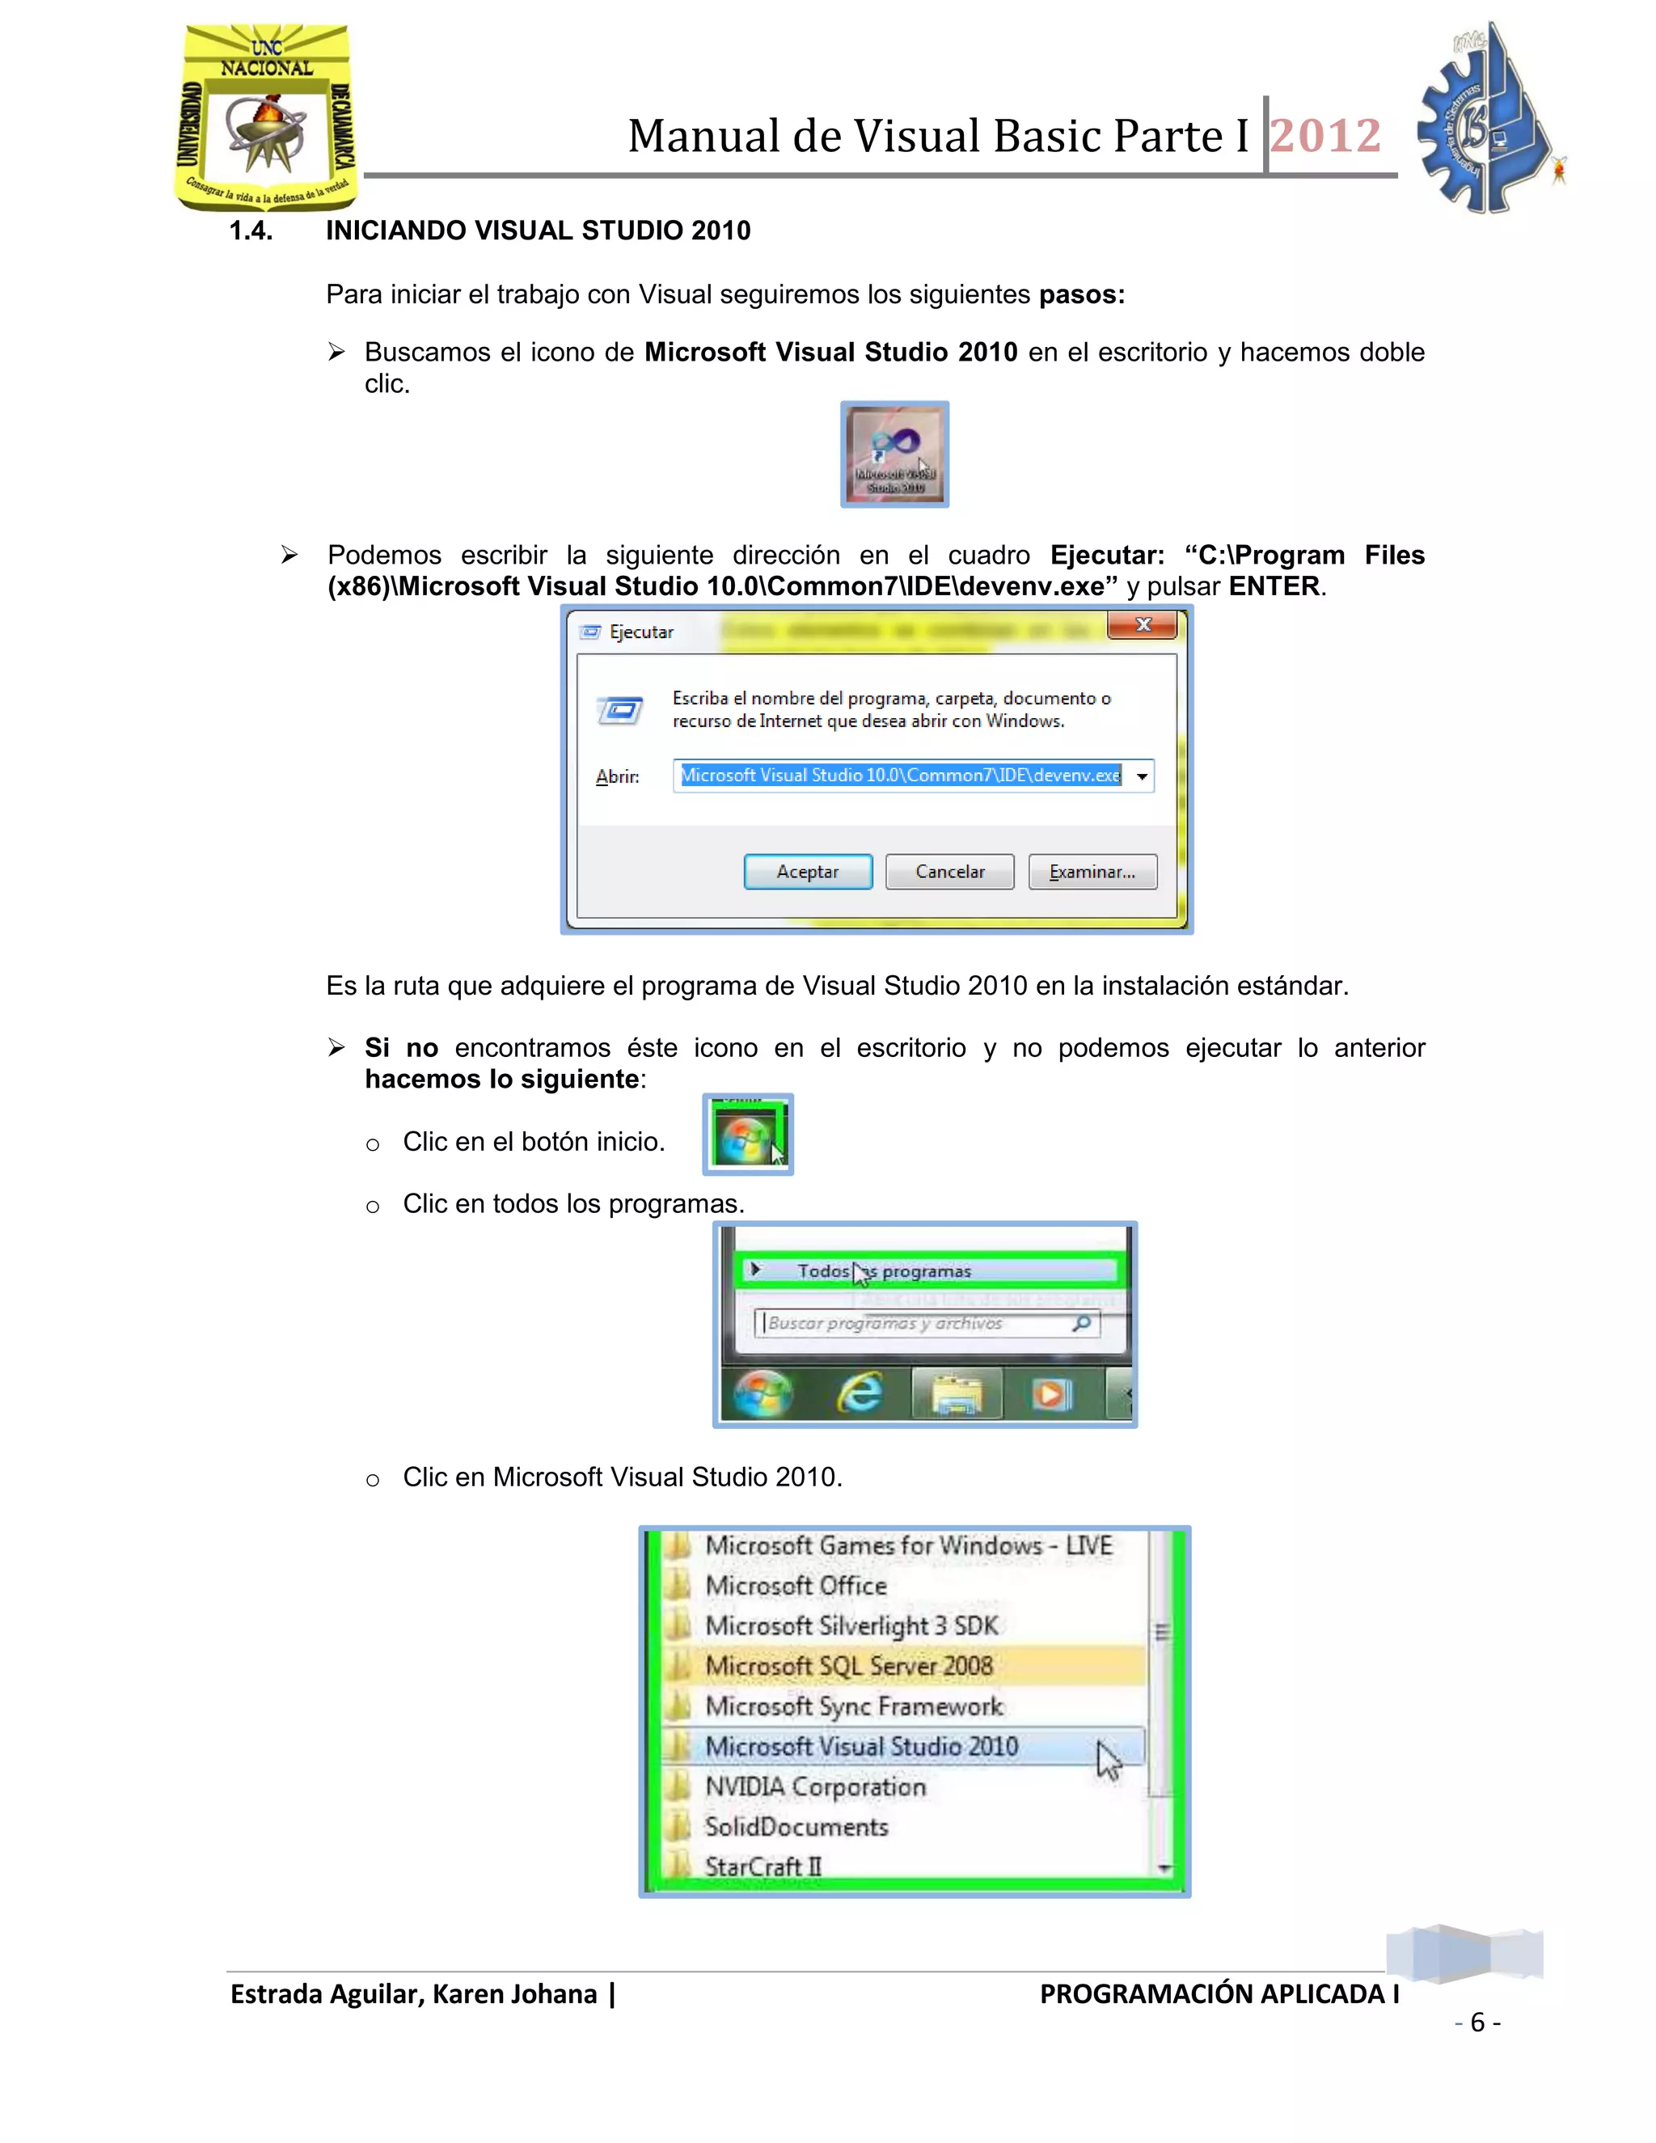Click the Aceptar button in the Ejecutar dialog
click(808, 871)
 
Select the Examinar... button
click(1092, 871)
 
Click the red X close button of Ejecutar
click(1142, 625)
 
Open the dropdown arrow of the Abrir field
click(1141, 776)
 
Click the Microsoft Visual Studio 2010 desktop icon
click(893, 454)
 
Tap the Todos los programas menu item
click(883, 1270)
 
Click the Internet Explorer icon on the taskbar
click(860, 1393)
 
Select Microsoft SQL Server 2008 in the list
click(848, 1666)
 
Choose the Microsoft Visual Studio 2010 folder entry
click(861, 1747)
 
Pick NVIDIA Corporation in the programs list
click(815, 1787)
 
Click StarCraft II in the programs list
click(763, 1866)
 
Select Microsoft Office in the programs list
click(796, 1586)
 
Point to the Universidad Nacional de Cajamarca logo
click(266, 116)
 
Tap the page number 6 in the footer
click(1477, 2023)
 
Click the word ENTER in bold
click(1274, 587)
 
